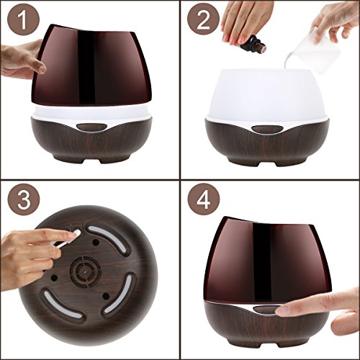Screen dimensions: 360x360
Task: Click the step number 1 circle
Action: click(x=23, y=20)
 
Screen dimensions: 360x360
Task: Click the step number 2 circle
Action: click(x=203, y=20)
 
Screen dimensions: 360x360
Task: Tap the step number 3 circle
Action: click(x=23, y=199)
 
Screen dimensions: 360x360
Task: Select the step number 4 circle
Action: click(x=204, y=199)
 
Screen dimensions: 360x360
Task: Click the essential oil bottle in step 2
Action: click(x=253, y=44)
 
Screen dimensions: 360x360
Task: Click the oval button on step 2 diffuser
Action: click(x=267, y=129)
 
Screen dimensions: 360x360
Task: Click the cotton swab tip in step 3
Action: click(x=77, y=233)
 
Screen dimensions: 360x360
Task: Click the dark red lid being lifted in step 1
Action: click(x=91, y=66)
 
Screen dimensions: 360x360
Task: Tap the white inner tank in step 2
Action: click(x=267, y=95)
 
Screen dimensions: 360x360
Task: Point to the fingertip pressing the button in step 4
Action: click(x=282, y=311)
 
